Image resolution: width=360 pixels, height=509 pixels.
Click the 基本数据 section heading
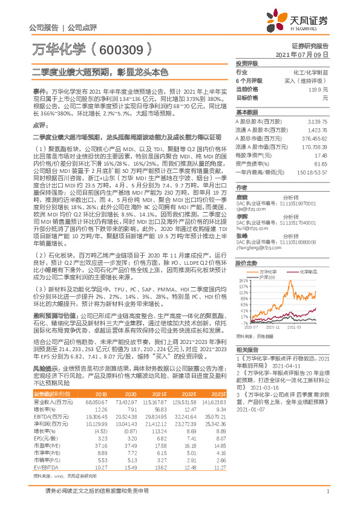click(246, 112)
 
